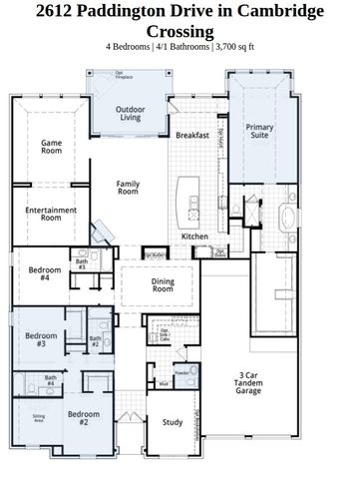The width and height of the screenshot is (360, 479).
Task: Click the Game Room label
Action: (x=51, y=148)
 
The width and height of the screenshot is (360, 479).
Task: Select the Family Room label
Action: (x=128, y=189)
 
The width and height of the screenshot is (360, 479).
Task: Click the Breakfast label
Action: (x=191, y=135)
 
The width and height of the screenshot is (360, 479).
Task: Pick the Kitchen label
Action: (x=193, y=236)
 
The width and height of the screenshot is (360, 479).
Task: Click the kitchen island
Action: (x=184, y=197)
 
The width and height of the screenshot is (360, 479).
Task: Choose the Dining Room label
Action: (x=163, y=286)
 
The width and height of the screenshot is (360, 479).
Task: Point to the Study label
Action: (x=173, y=422)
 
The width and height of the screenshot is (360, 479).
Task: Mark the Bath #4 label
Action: (x=50, y=380)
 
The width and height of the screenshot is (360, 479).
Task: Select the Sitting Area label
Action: (x=38, y=417)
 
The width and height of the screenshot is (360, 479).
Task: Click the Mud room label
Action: (x=163, y=383)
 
